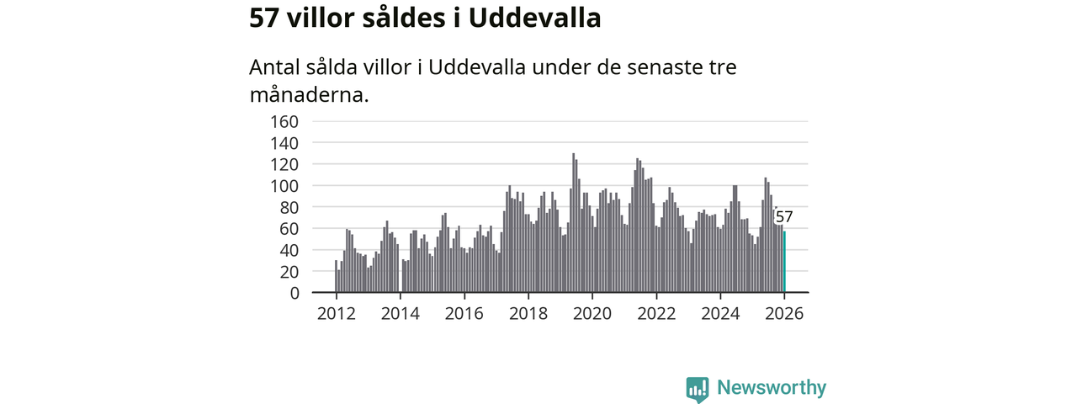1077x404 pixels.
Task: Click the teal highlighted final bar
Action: point(784,263)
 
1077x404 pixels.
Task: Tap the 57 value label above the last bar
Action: point(784,218)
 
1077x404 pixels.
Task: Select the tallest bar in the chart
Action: point(574,223)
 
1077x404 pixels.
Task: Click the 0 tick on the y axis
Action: point(294,293)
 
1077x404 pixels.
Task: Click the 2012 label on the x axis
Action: point(336,313)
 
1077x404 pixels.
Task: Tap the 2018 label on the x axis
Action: point(528,313)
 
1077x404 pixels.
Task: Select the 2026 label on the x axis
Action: point(784,313)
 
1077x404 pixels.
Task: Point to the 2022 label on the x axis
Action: point(656,313)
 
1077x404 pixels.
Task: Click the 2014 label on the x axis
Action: point(400,313)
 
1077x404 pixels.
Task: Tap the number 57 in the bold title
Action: point(264,18)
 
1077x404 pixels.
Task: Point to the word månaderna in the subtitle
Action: point(309,93)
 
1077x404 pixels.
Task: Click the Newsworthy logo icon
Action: point(697,389)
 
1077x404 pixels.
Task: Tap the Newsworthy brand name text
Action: point(772,388)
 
